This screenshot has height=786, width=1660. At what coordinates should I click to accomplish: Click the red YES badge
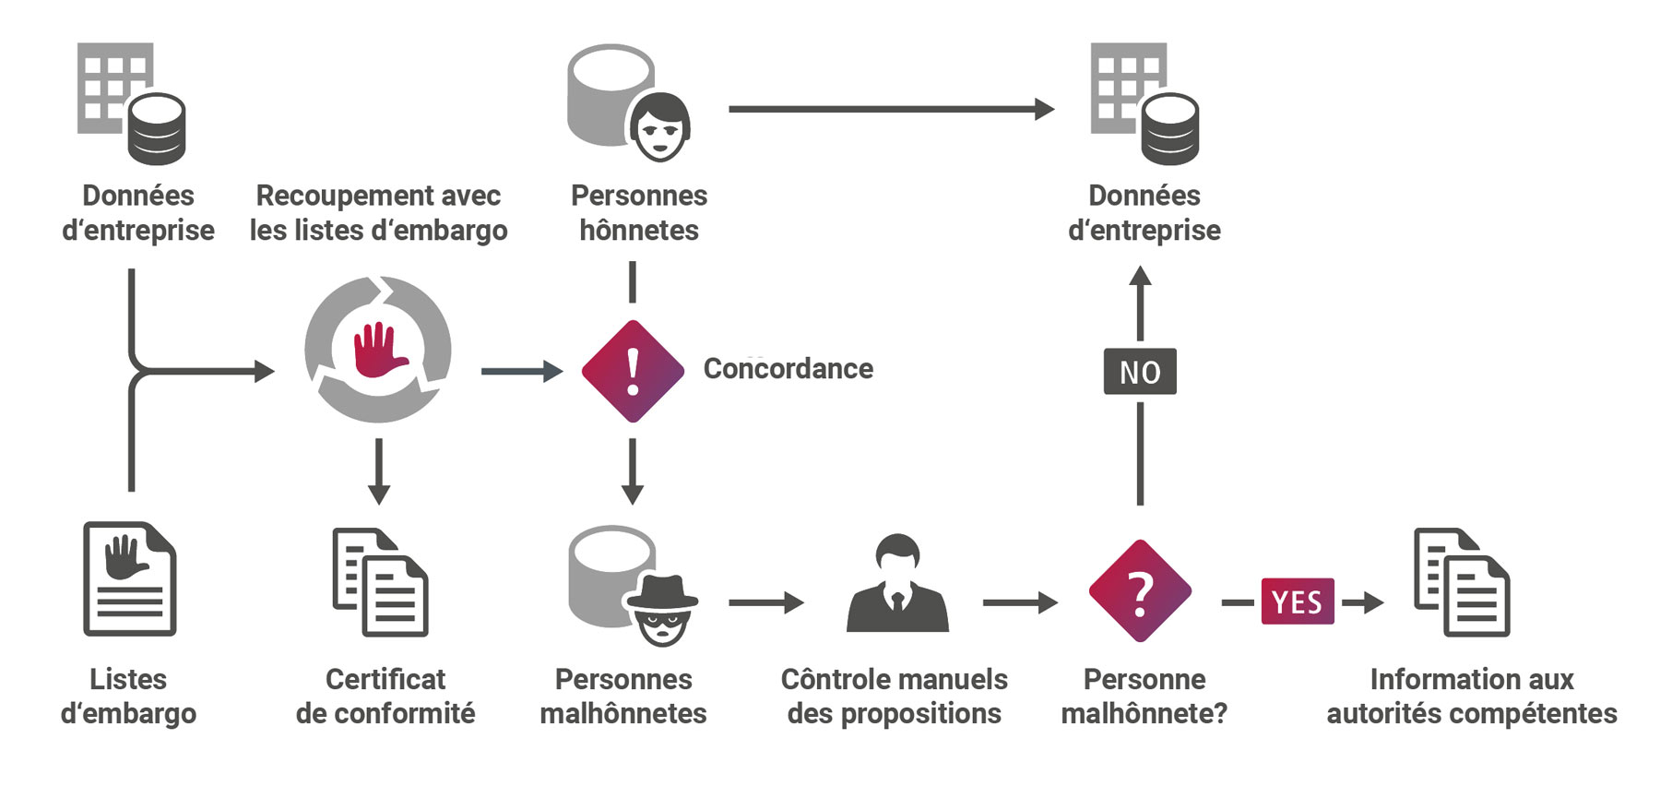pos(1297,601)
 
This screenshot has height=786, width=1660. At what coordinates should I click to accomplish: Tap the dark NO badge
pos(1140,372)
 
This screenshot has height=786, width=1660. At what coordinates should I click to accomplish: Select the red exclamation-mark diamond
pos(633,371)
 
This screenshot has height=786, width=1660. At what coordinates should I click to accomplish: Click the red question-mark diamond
pos(1140,591)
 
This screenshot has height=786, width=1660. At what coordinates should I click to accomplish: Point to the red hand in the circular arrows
pos(379,350)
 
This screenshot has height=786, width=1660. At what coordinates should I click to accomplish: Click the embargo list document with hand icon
pos(130,578)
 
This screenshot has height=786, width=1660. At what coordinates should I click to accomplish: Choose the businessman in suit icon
pos(897,584)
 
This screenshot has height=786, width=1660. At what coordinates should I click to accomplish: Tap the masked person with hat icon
pos(661,609)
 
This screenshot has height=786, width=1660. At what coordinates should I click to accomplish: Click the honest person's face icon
pos(660,126)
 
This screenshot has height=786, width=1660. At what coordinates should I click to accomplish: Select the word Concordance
pos(788,369)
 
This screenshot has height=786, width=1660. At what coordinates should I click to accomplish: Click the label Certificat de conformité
pos(385,697)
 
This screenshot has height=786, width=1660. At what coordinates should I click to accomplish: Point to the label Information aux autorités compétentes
pos(1471,697)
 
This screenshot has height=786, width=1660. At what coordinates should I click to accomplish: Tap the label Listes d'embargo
pos(128,697)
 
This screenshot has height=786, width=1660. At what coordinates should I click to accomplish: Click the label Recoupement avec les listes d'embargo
pos(378,213)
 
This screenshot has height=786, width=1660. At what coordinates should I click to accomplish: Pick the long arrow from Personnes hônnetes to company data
pos(890,109)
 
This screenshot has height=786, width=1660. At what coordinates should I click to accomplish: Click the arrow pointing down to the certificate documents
pos(379,471)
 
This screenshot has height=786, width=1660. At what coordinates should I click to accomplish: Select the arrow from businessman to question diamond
pos(1019,602)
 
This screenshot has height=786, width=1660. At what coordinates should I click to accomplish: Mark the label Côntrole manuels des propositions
pos(894,697)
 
